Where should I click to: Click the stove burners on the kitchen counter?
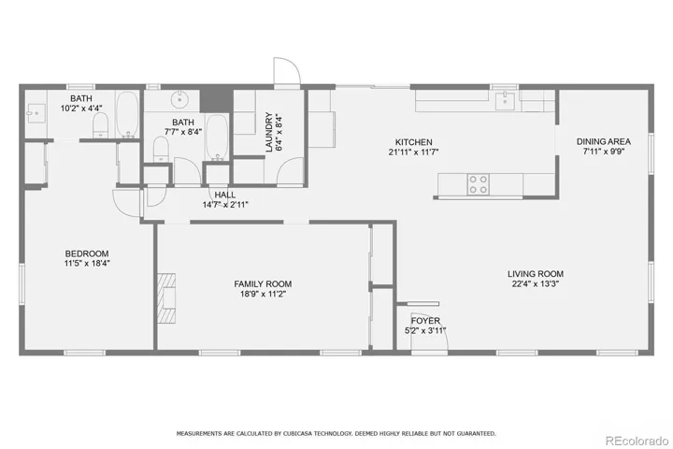(478, 185)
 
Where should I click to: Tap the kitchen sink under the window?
(505, 101)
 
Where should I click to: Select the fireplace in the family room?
(166, 298)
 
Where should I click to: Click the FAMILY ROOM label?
(263, 284)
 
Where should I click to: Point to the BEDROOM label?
(87, 253)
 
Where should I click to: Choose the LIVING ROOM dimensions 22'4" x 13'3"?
(536, 284)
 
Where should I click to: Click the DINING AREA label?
(604, 141)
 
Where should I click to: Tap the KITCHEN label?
(414, 142)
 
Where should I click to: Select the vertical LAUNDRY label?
(269, 132)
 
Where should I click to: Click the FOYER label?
(425, 321)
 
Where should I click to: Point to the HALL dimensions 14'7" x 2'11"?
(225, 205)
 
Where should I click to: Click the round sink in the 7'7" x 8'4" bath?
(180, 100)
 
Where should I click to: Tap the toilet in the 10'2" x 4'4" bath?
(100, 125)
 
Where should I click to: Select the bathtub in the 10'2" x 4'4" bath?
(127, 114)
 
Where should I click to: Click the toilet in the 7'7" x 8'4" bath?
(161, 150)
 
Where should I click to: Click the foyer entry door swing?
(430, 331)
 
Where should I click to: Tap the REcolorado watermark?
(637, 441)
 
